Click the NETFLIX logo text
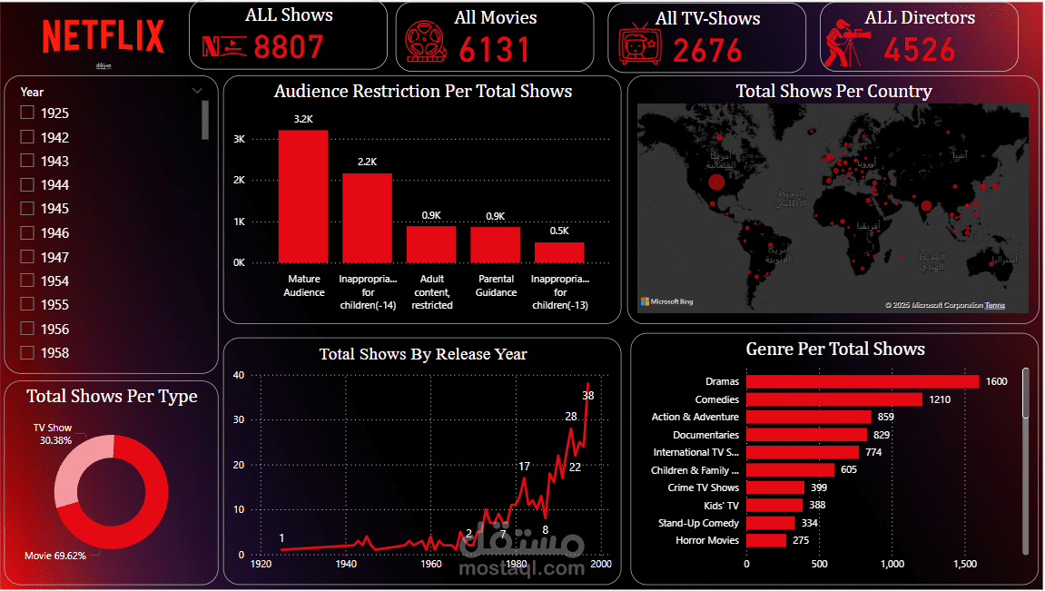pyautogui.click(x=103, y=36)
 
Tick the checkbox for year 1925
pyautogui.click(x=27, y=113)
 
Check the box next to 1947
pyautogui.click(x=27, y=257)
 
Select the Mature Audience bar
pyautogui.click(x=303, y=196)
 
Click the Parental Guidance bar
pyautogui.click(x=495, y=244)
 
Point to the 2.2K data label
pyautogui.click(x=367, y=162)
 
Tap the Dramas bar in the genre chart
pyautogui.click(x=863, y=382)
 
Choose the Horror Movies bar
pyautogui.click(x=766, y=540)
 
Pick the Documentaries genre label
pyautogui.click(x=705, y=435)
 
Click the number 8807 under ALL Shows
pyautogui.click(x=289, y=47)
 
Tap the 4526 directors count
pyautogui.click(x=920, y=49)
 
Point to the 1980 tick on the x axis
pyautogui.click(x=516, y=564)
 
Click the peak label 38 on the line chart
pyautogui.click(x=588, y=396)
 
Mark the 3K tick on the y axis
pyautogui.click(x=240, y=139)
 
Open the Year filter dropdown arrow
pyautogui.click(x=197, y=91)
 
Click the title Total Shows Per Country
pyautogui.click(x=833, y=91)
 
